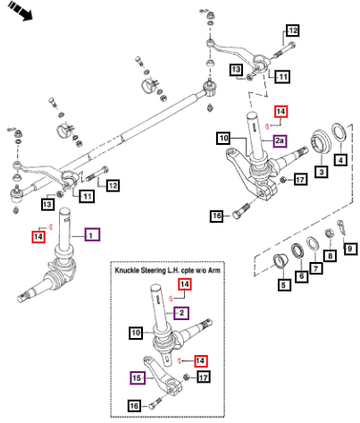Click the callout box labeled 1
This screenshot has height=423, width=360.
tap(92, 235)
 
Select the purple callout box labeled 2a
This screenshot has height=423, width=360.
tap(280, 141)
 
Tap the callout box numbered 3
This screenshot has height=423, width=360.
tap(321, 172)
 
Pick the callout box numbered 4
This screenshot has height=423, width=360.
tap(340, 160)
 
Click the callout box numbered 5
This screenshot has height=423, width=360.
tap(283, 285)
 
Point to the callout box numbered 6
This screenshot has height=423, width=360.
tap(302, 276)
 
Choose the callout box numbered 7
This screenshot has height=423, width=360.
tap(316, 268)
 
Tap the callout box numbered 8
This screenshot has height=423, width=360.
tap(330, 256)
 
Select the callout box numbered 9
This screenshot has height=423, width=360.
tap(350, 248)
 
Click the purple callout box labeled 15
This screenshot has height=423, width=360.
tap(137, 378)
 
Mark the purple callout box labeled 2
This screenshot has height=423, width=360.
tap(181, 313)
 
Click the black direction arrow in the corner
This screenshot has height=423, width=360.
tap(20, 10)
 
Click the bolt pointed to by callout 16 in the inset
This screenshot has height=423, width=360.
tap(156, 403)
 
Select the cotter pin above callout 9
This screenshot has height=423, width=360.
tap(341, 227)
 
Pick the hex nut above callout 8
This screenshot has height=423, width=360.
tap(329, 232)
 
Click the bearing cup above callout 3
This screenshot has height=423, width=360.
tap(321, 143)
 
